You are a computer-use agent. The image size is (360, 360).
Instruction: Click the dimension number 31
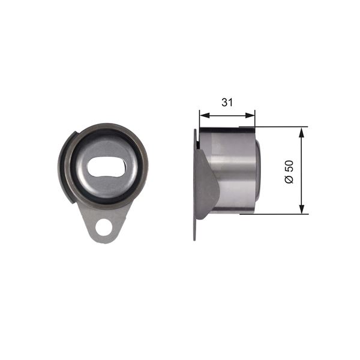pyautogui.click(x=227, y=102)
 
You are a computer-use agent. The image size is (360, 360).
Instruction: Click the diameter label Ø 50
pyautogui.click(x=289, y=170)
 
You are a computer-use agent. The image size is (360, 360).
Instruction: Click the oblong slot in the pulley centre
pyautogui.click(x=106, y=168)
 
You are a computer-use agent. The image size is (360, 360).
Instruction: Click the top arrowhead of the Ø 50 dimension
pyautogui.click(x=301, y=131)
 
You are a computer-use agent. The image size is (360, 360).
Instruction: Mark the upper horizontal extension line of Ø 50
pyautogui.click(x=282, y=127)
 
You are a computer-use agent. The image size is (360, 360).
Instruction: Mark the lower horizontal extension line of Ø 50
pyautogui.click(x=282, y=214)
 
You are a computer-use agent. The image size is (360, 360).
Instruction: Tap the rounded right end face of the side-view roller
pyautogui.click(x=258, y=171)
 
